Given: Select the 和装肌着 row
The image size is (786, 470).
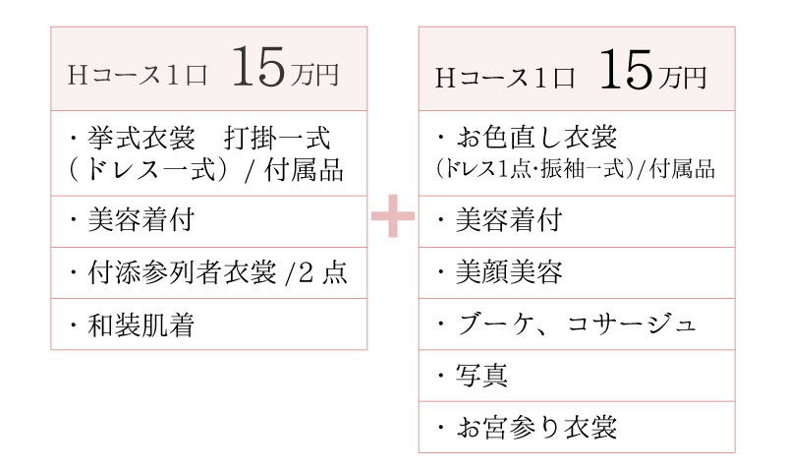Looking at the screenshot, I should pyautogui.click(x=138, y=324).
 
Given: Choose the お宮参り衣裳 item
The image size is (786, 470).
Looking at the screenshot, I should pyautogui.click(x=534, y=428).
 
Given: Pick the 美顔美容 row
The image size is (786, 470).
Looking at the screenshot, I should pyautogui.click(x=509, y=273).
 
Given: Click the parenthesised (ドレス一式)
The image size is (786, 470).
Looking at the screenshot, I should pyautogui.click(x=148, y=170).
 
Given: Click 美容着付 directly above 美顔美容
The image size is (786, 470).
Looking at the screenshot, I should pyautogui.click(x=509, y=221).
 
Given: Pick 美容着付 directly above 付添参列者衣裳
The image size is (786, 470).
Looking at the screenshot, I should pyautogui.click(x=143, y=221).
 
